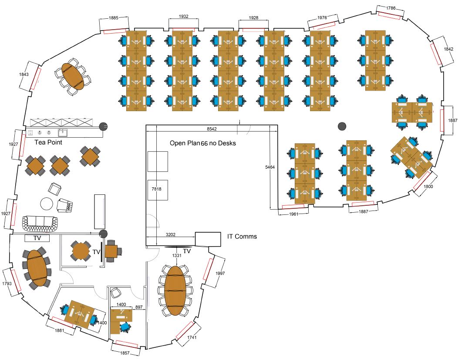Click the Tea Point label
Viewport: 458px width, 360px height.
(48, 142)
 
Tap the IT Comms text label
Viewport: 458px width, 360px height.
(242, 237)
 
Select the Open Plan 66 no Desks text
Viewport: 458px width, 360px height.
(202, 143)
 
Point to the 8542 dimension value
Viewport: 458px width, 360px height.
(212, 129)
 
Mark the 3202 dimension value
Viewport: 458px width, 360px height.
(171, 234)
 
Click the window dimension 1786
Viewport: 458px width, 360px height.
(391, 8)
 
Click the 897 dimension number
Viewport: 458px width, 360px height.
(138, 307)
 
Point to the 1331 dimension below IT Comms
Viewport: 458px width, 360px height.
(177, 255)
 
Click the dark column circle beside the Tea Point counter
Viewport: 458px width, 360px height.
(104, 126)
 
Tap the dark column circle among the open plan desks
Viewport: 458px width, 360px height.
(342, 126)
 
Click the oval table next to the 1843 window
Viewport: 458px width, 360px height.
(73, 77)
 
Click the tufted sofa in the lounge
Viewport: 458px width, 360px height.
(40, 223)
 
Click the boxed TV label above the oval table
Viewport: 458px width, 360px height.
(37, 238)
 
